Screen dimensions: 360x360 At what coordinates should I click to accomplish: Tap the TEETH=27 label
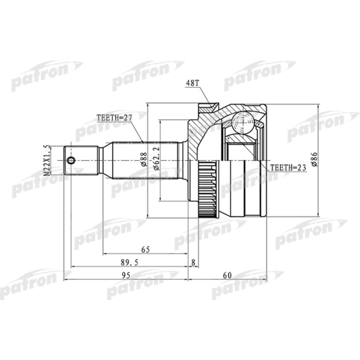point(114,117)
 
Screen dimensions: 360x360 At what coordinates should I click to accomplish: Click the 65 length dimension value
point(145,249)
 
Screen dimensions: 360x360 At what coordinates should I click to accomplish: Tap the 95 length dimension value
point(125,276)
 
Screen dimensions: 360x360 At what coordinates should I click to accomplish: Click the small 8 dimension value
point(193,262)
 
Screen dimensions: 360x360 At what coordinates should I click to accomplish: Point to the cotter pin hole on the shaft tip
point(71,160)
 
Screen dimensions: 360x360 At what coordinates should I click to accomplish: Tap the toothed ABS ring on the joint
point(207,188)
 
